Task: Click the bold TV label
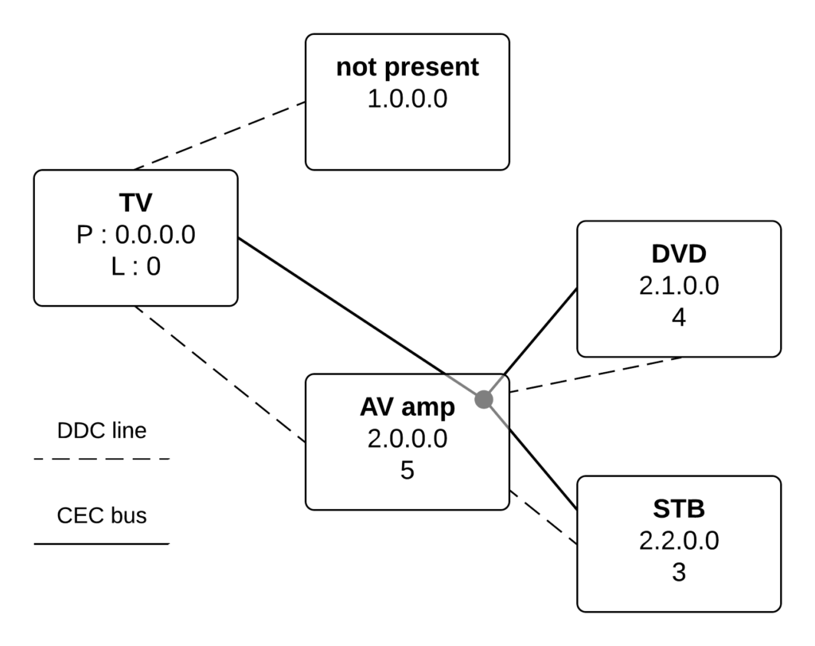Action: coord(135,204)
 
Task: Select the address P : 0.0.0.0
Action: coord(135,235)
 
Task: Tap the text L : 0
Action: coord(135,266)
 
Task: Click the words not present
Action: coord(407,68)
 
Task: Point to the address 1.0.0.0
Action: coord(407,99)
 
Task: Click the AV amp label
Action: coord(407,407)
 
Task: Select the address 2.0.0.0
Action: coord(407,439)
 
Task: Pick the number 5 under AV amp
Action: coord(407,471)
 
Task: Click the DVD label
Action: coord(678,254)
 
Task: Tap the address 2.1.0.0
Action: coord(678,286)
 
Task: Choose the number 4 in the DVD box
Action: coord(678,317)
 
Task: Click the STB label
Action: coord(678,509)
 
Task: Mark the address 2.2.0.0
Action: coord(678,541)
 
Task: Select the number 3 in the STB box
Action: coord(678,572)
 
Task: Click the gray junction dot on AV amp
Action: coord(483,400)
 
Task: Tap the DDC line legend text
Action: coord(101,431)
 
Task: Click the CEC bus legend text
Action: coord(101,515)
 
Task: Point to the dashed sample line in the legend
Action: coord(101,460)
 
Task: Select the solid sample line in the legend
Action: coord(101,544)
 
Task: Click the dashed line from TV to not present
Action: coord(220,135)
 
